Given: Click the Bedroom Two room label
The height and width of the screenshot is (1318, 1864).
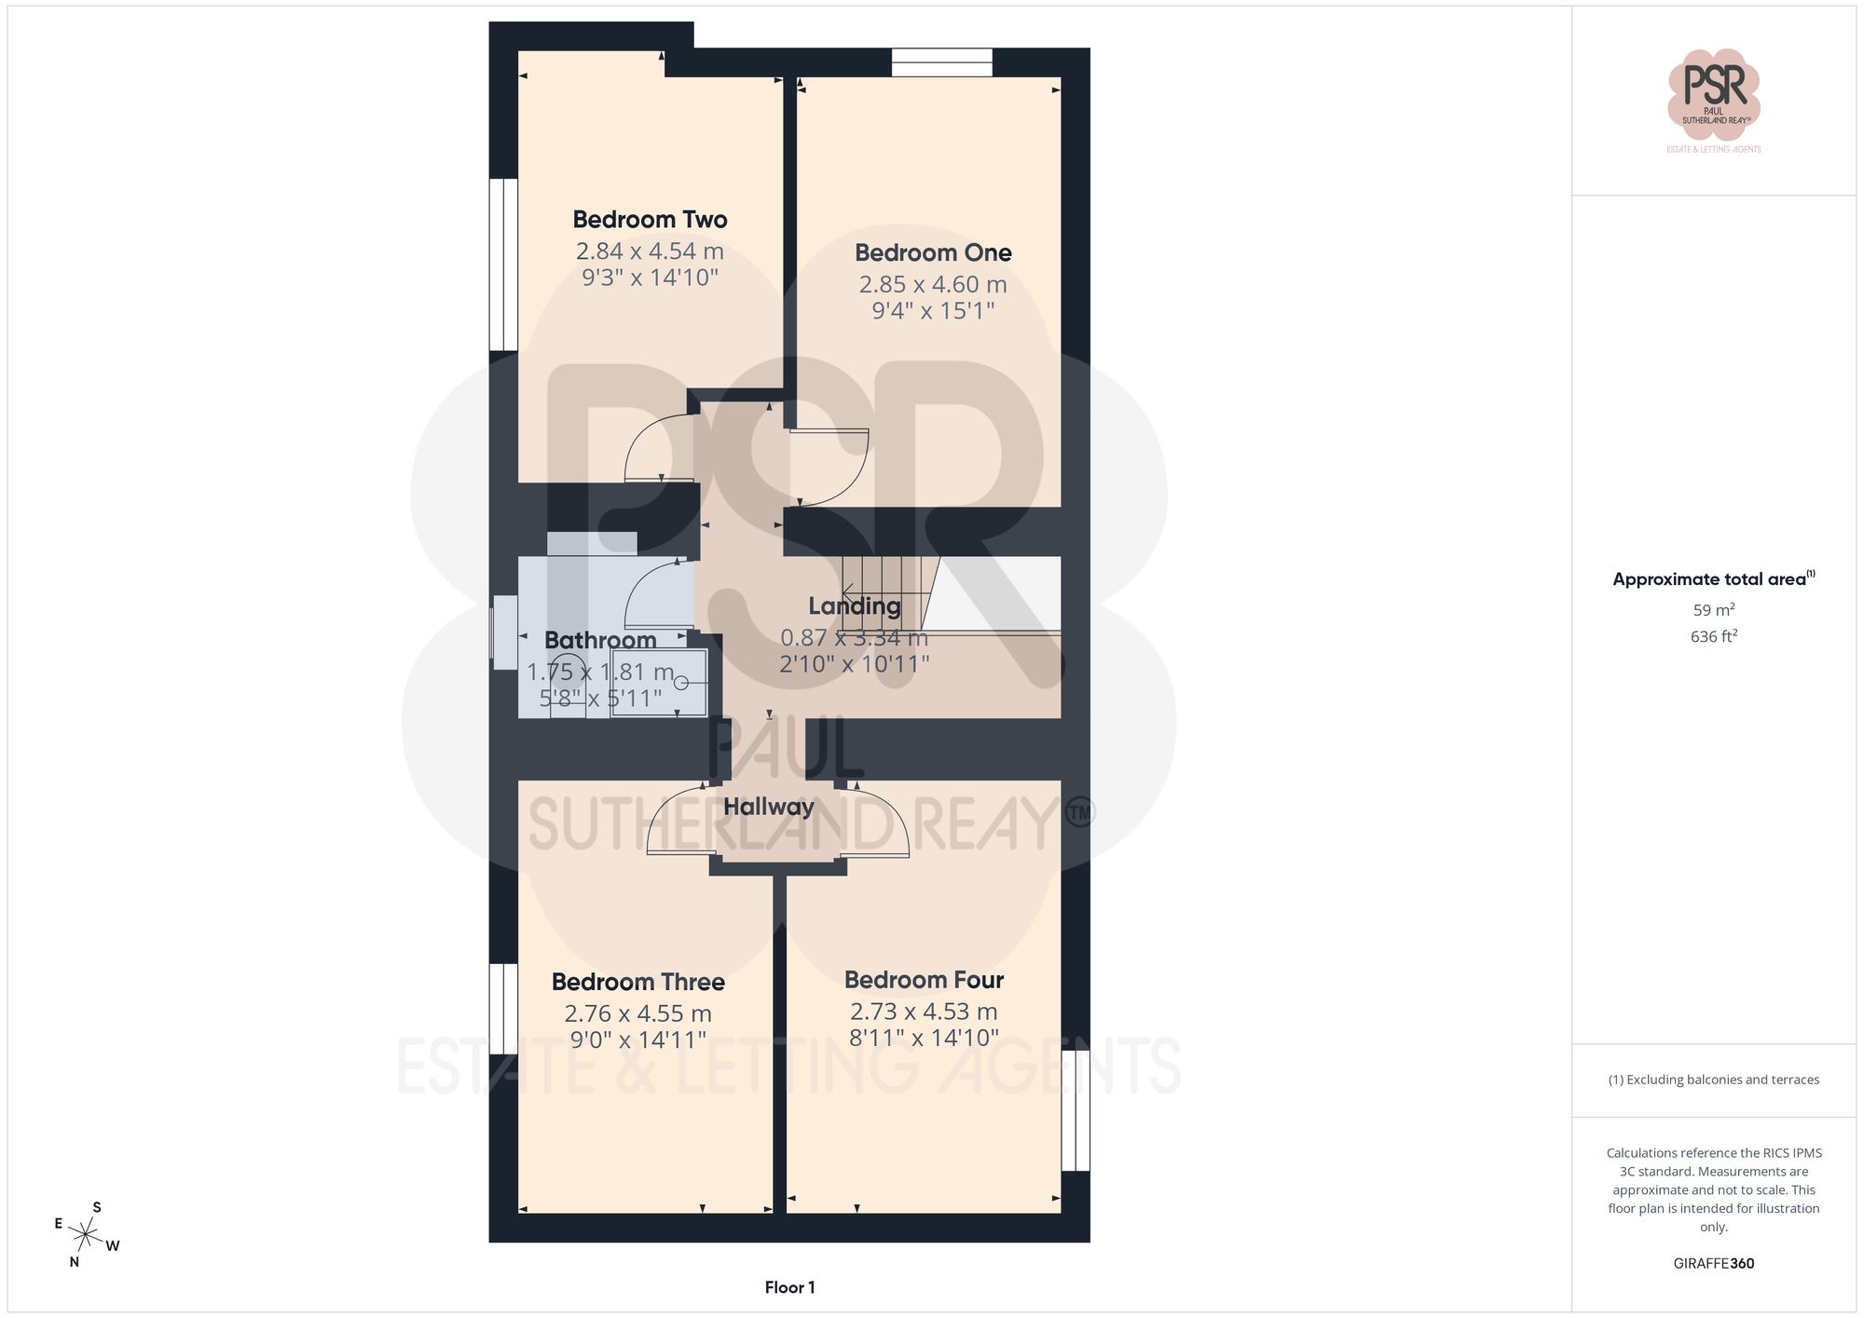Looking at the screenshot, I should click(x=650, y=220).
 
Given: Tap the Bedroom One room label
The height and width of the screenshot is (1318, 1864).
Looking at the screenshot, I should click(x=933, y=252).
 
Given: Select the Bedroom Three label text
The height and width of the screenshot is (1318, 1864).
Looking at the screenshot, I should click(x=637, y=982).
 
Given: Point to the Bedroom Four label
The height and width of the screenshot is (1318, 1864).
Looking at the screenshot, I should click(x=924, y=980).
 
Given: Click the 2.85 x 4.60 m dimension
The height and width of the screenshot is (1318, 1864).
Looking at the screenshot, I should click(x=933, y=284).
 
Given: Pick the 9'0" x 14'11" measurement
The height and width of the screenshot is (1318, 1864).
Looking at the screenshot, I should click(x=637, y=1039).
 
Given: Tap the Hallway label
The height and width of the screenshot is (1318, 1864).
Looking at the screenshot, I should click(x=768, y=807).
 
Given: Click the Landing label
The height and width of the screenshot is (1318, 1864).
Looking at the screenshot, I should click(x=854, y=606).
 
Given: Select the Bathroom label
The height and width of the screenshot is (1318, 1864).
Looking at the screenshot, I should click(x=600, y=640).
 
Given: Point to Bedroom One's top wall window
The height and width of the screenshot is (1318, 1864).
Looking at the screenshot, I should click(x=941, y=62).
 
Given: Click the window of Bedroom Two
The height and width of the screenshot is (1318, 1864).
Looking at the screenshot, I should click(x=503, y=265).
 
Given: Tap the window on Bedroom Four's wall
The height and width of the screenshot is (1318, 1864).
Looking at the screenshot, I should click(x=1076, y=1109).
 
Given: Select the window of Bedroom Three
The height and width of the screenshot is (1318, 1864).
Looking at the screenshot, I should click(x=503, y=1009).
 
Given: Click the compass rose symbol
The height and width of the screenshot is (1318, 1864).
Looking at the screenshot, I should click(x=86, y=1235).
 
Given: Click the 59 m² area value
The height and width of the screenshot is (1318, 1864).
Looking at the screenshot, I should click(x=1713, y=610).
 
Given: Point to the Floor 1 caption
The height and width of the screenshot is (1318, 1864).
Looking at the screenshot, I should click(x=789, y=1287).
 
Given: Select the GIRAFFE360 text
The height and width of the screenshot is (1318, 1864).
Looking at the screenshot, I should click(x=1713, y=1263).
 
